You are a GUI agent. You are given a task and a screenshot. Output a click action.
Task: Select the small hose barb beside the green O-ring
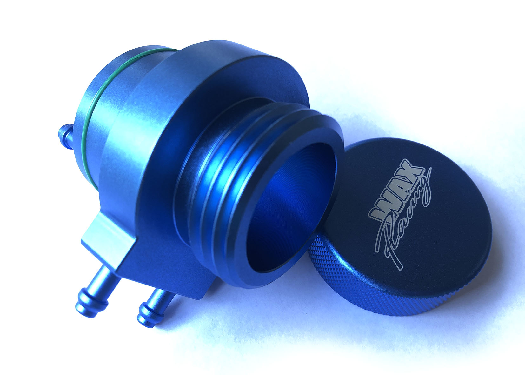tap(66, 136)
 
